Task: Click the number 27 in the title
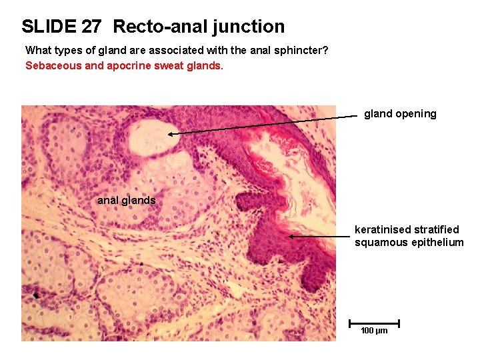coord(91,27)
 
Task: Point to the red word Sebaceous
coord(51,66)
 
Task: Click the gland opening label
coord(400,114)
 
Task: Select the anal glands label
coord(126,200)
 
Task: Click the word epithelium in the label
coord(437,242)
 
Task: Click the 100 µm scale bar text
coord(374,331)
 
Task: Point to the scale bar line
coord(374,323)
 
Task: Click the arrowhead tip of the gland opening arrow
coord(169,134)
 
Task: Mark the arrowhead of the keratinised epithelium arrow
coord(290,236)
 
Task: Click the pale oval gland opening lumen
coord(150,136)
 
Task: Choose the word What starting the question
coord(37,51)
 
